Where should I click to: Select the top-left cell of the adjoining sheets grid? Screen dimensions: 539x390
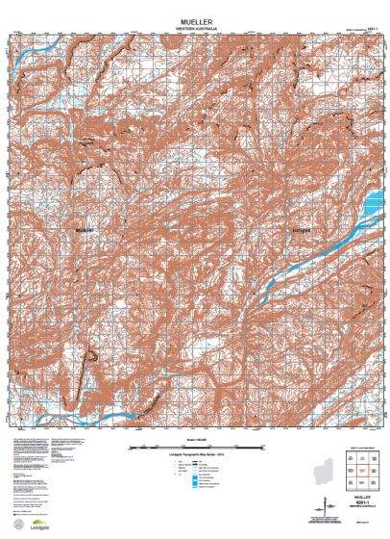(354, 453)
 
